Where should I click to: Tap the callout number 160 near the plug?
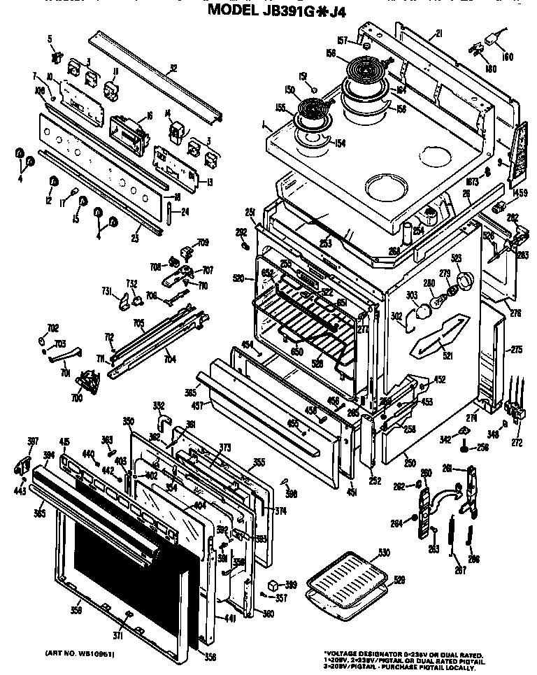pyautogui.click(x=508, y=56)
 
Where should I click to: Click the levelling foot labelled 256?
pyautogui.click(x=462, y=445)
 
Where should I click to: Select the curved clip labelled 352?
pyautogui.click(x=164, y=420)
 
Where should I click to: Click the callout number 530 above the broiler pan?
pyautogui.click(x=382, y=553)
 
